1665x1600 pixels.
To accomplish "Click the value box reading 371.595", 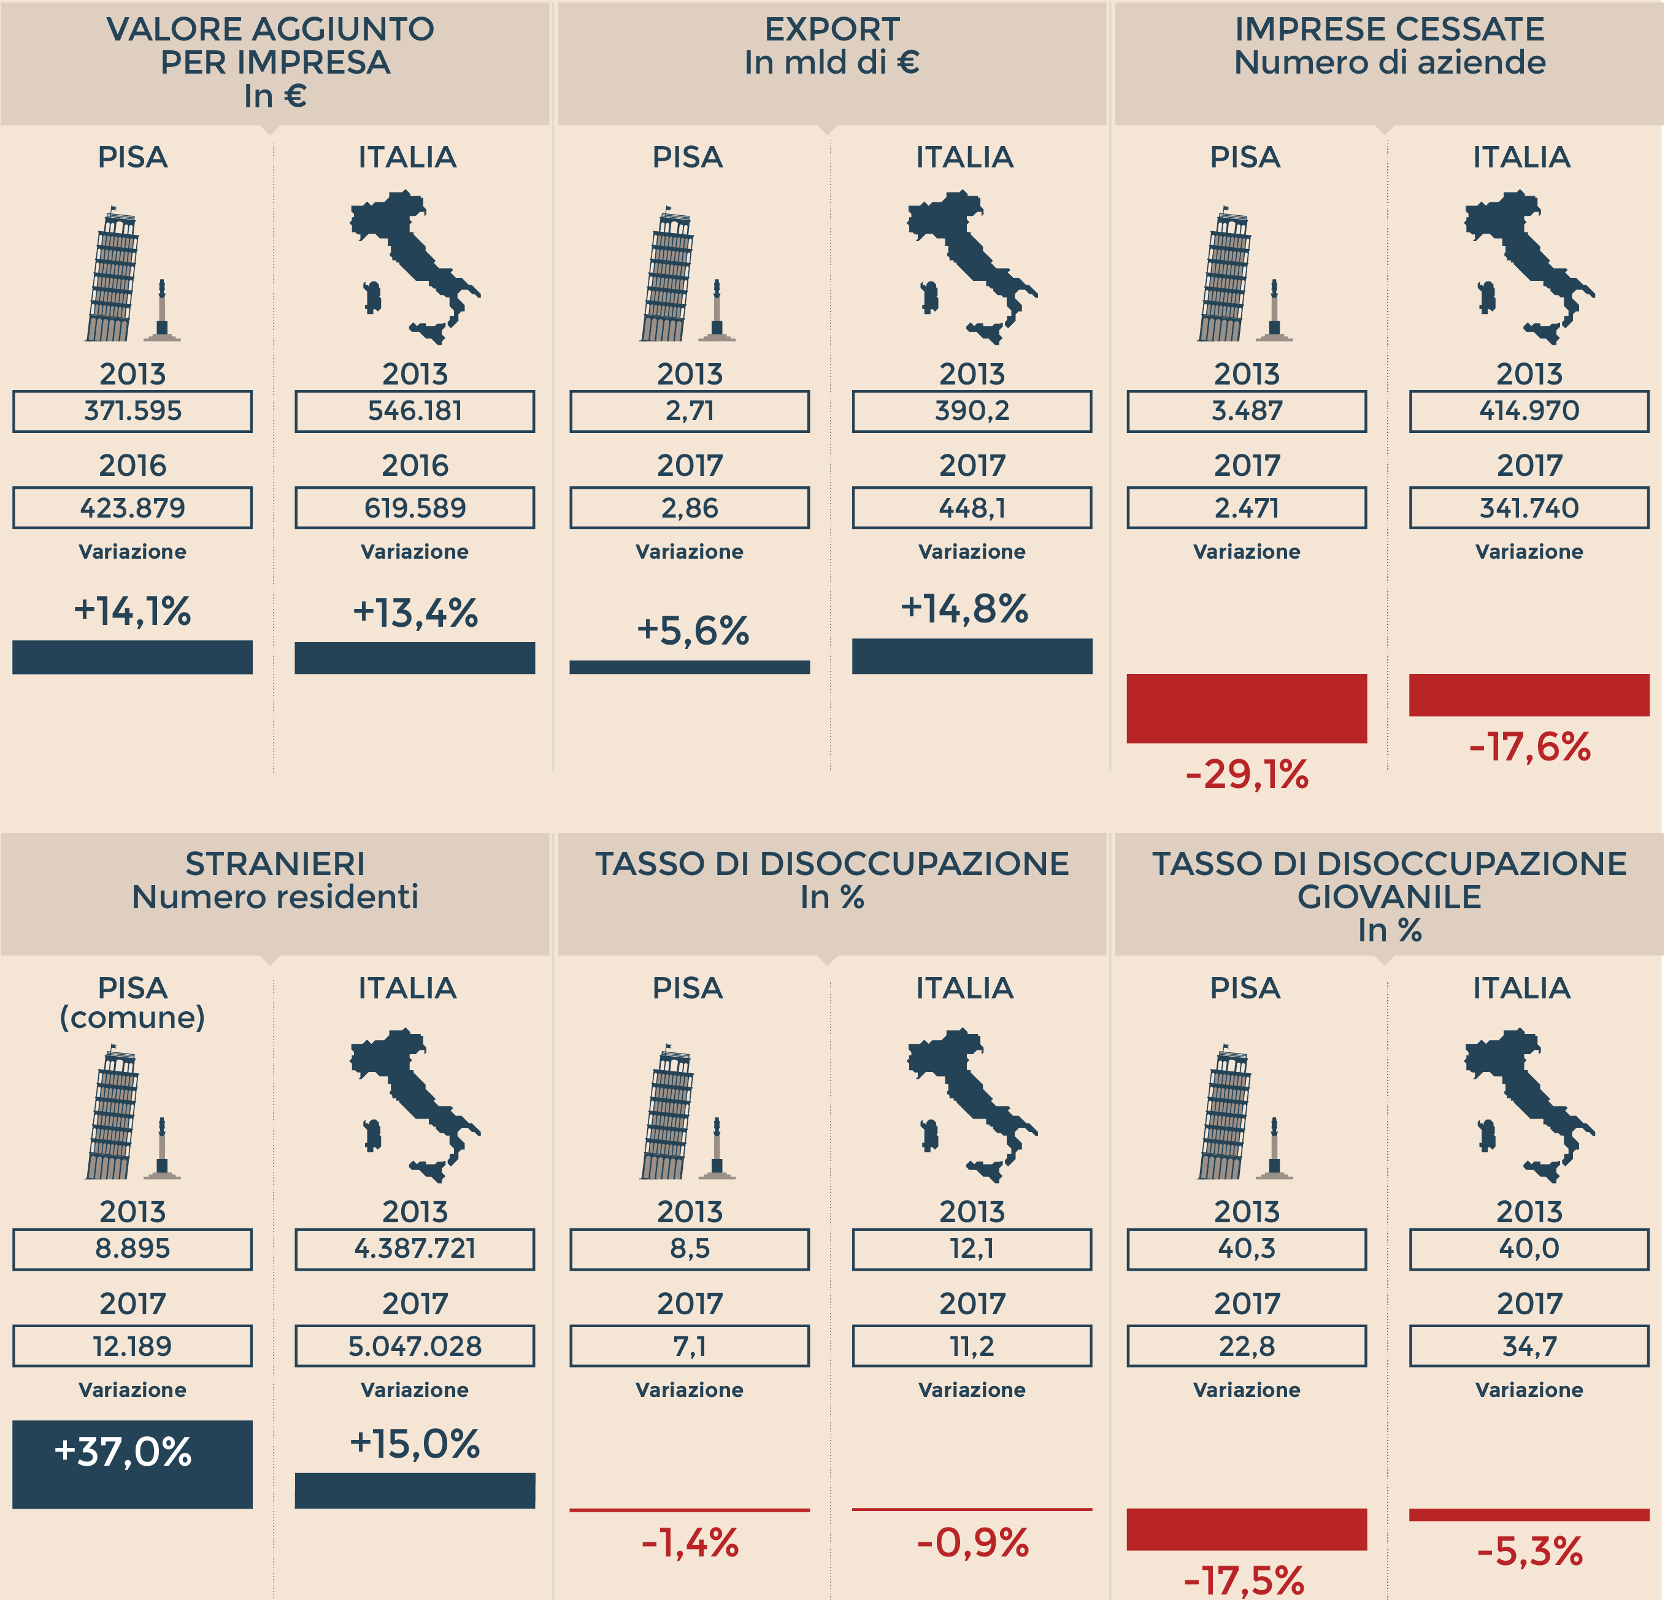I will coord(133,411).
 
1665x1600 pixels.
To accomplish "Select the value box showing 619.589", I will coord(415,508).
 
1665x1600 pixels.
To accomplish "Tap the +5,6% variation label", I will coord(693,631).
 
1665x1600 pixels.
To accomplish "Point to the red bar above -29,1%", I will coord(1246,708).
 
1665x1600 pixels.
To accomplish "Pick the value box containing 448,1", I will coord(972,508).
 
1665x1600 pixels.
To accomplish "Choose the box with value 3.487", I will coord(1246,411).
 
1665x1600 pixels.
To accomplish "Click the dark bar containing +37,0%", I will coord(133,1464).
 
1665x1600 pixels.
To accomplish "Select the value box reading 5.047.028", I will coord(415,1346).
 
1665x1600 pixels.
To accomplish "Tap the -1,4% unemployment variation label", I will coord(690,1543).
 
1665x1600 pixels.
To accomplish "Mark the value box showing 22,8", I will coord(1246,1346).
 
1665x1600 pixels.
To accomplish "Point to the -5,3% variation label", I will coord(1529,1552).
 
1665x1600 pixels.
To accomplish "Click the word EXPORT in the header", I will coord(832,29).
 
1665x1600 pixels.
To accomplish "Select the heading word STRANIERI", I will coord(275,863).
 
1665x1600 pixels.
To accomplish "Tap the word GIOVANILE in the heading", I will coord(1389,897).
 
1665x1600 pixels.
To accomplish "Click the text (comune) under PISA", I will coord(133,1017).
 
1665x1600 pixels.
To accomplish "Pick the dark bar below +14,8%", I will coord(972,656).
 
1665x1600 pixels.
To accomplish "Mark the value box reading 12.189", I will coord(133,1346).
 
